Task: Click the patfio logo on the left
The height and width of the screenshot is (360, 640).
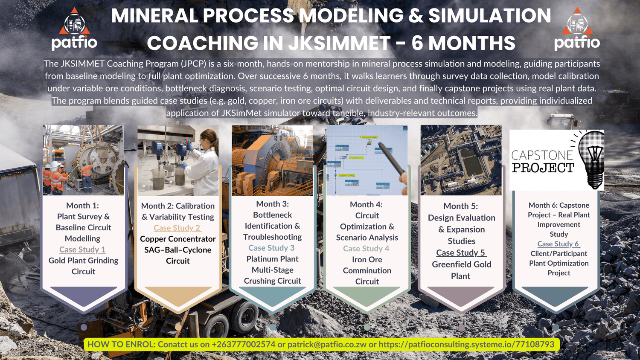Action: (x=74, y=29)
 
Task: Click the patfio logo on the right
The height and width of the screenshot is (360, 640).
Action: (x=577, y=29)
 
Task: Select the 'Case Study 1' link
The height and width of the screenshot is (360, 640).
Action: (x=82, y=250)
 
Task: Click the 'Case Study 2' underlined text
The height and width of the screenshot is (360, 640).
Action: (x=178, y=228)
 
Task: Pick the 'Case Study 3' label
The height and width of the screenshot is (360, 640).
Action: (x=271, y=248)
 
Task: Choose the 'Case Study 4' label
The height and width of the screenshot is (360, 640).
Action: (x=366, y=249)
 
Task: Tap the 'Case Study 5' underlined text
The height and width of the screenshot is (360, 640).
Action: (x=461, y=253)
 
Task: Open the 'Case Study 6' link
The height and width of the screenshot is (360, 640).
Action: (x=559, y=244)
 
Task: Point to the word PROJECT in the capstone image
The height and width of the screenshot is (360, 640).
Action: (x=543, y=168)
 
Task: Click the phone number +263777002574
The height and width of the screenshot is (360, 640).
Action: (x=244, y=344)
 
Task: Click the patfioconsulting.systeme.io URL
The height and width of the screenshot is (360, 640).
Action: (x=466, y=344)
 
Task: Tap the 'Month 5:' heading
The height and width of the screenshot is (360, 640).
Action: (x=460, y=206)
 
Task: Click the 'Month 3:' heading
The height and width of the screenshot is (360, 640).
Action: (x=272, y=204)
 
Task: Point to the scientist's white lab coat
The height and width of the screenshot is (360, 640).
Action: (x=202, y=171)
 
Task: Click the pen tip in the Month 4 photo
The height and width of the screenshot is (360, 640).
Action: (x=380, y=144)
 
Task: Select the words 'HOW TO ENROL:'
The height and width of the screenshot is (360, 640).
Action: (x=122, y=344)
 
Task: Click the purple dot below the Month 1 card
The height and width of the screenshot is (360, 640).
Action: (x=84, y=328)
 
